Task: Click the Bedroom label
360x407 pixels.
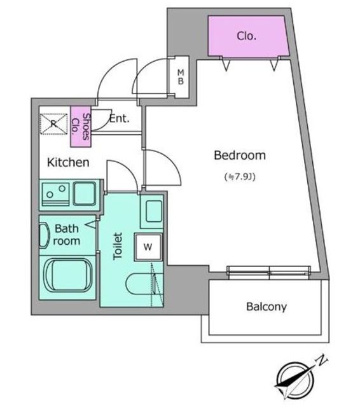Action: click(240, 155)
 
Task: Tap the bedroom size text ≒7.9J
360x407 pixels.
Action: click(240, 177)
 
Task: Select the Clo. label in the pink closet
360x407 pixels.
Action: click(247, 36)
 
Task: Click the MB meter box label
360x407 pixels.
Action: click(181, 77)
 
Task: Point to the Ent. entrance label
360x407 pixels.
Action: click(119, 119)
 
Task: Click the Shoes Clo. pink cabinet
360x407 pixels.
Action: click(81, 127)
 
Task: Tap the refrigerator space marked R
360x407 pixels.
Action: click(53, 124)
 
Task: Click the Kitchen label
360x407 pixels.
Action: click(68, 162)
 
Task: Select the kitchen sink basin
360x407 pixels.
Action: click(85, 193)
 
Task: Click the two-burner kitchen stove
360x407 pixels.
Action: click(55, 194)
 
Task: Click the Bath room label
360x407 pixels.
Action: click(67, 235)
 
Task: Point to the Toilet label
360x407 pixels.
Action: click(118, 246)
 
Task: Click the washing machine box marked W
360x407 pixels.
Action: click(148, 247)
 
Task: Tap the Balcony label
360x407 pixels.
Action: click(267, 307)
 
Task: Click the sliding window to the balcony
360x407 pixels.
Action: click(269, 272)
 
